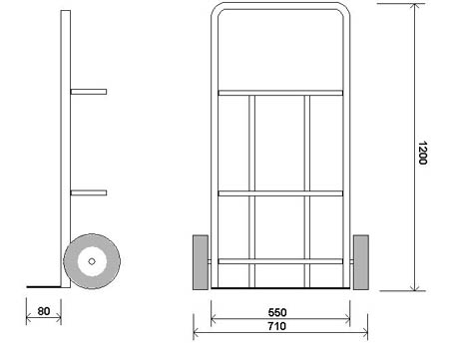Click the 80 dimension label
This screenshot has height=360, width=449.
tap(44, 311)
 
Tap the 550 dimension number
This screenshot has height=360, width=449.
tap(277, 312)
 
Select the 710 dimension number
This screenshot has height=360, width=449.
tap(276, 326)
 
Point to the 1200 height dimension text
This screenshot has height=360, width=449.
tap(422, 153)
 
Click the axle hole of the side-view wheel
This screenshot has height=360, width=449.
tap(92, 261)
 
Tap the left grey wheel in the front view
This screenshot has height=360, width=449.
tap(201, 262)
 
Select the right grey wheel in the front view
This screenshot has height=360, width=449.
tap(361, 262)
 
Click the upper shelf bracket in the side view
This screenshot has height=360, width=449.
tap(89, 92)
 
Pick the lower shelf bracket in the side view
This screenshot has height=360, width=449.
tap(89, 192)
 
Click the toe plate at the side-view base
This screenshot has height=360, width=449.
tap(44, 286)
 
